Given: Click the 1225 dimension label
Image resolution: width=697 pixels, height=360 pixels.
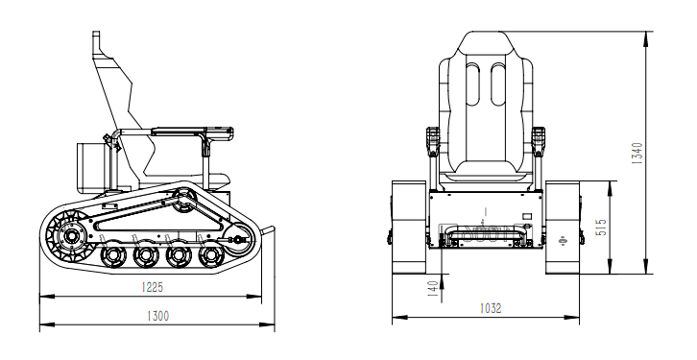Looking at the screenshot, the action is point(153,287).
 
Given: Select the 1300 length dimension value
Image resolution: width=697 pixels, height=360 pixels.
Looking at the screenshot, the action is point(157,316).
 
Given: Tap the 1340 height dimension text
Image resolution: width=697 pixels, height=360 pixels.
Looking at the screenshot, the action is point(637,154).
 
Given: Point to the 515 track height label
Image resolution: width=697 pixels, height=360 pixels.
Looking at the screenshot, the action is point(601,228).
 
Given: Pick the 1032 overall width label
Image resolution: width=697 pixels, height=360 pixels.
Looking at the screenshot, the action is point(491,308).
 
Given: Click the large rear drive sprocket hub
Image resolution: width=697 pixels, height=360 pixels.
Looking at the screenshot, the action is point(70,236).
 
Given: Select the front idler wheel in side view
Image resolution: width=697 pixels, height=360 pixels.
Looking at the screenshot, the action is point(240,240).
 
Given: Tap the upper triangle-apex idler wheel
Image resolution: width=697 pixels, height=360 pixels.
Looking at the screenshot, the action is point(183,201).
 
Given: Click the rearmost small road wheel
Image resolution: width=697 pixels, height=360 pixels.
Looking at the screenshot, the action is point(114,255).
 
